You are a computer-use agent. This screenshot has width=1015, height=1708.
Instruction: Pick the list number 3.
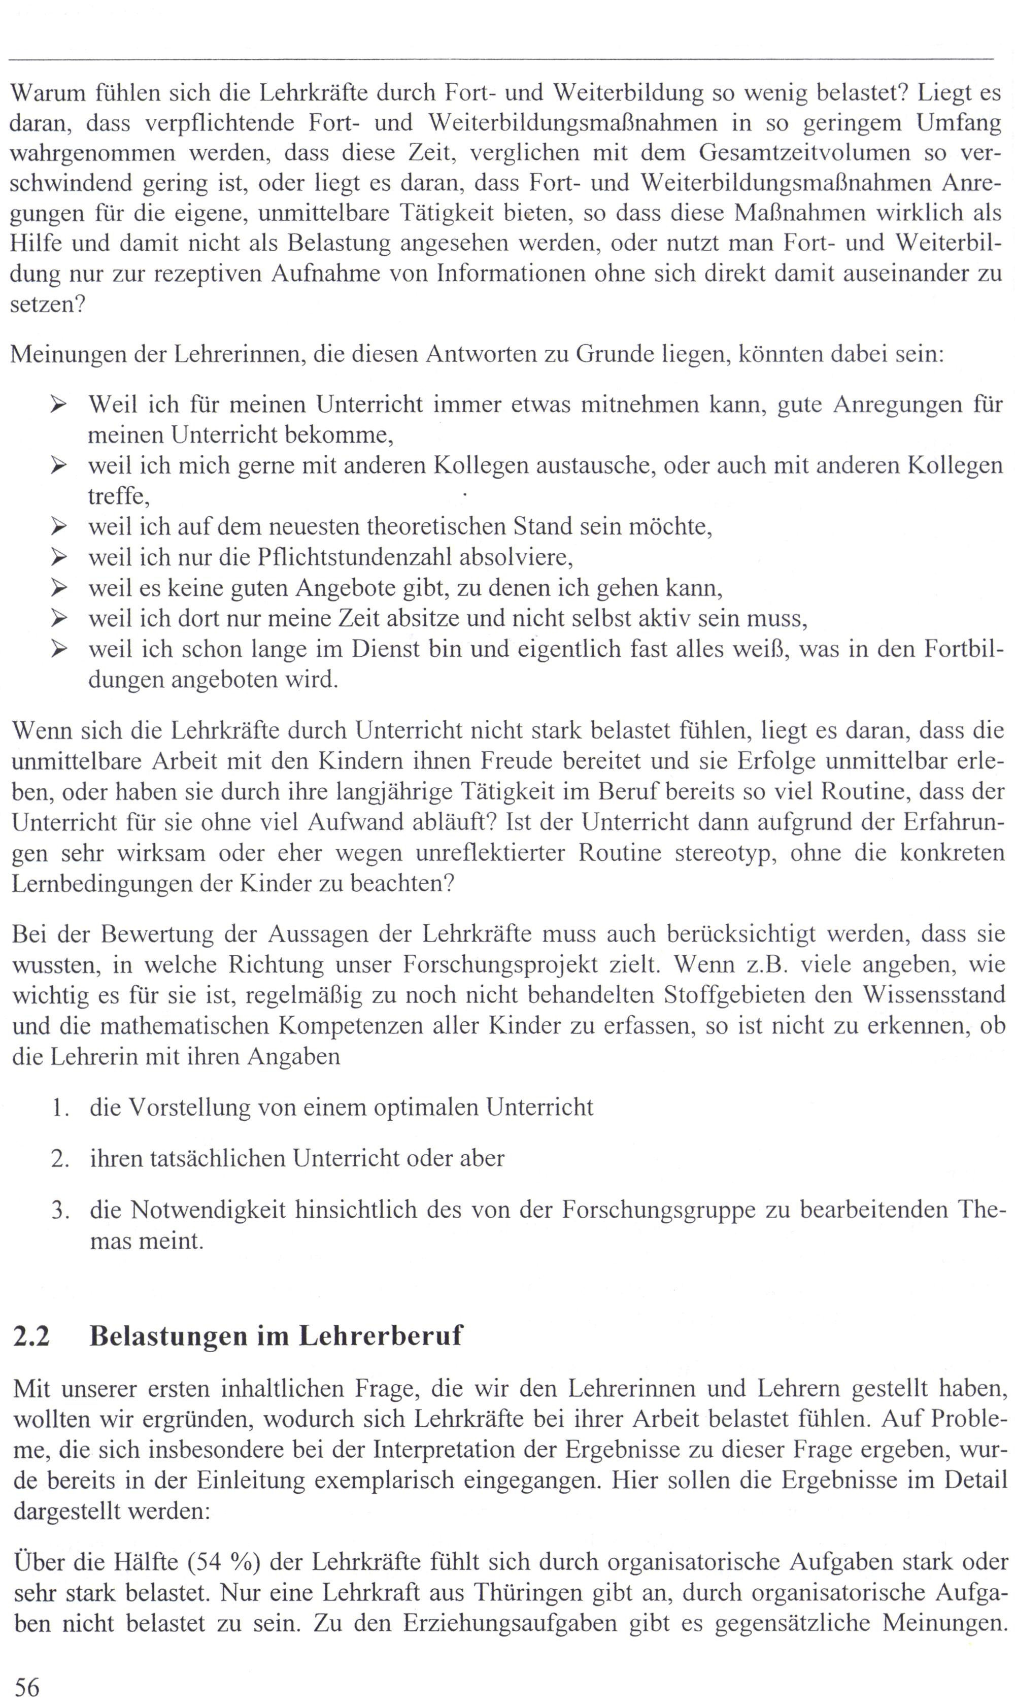pos(60,1210)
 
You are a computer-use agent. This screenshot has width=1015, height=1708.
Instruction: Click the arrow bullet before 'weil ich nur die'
pos(59,557)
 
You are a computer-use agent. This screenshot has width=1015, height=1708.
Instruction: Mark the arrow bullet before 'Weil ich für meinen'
pos(59,405)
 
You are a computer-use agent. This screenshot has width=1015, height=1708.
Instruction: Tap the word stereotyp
pos(725,853)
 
